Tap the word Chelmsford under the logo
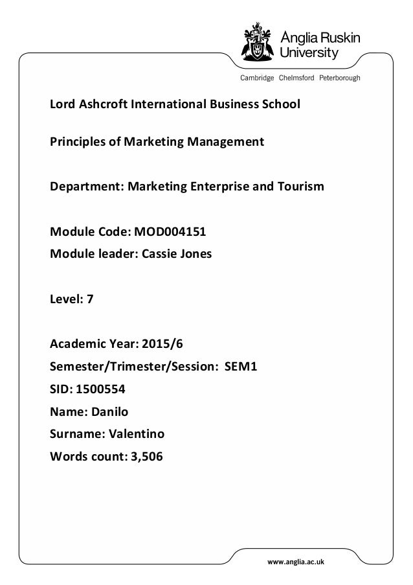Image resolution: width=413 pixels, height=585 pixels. coord(296,78)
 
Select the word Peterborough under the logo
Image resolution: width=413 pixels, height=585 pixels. coord(340,78)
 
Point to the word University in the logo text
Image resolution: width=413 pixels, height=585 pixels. coord(312,52)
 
